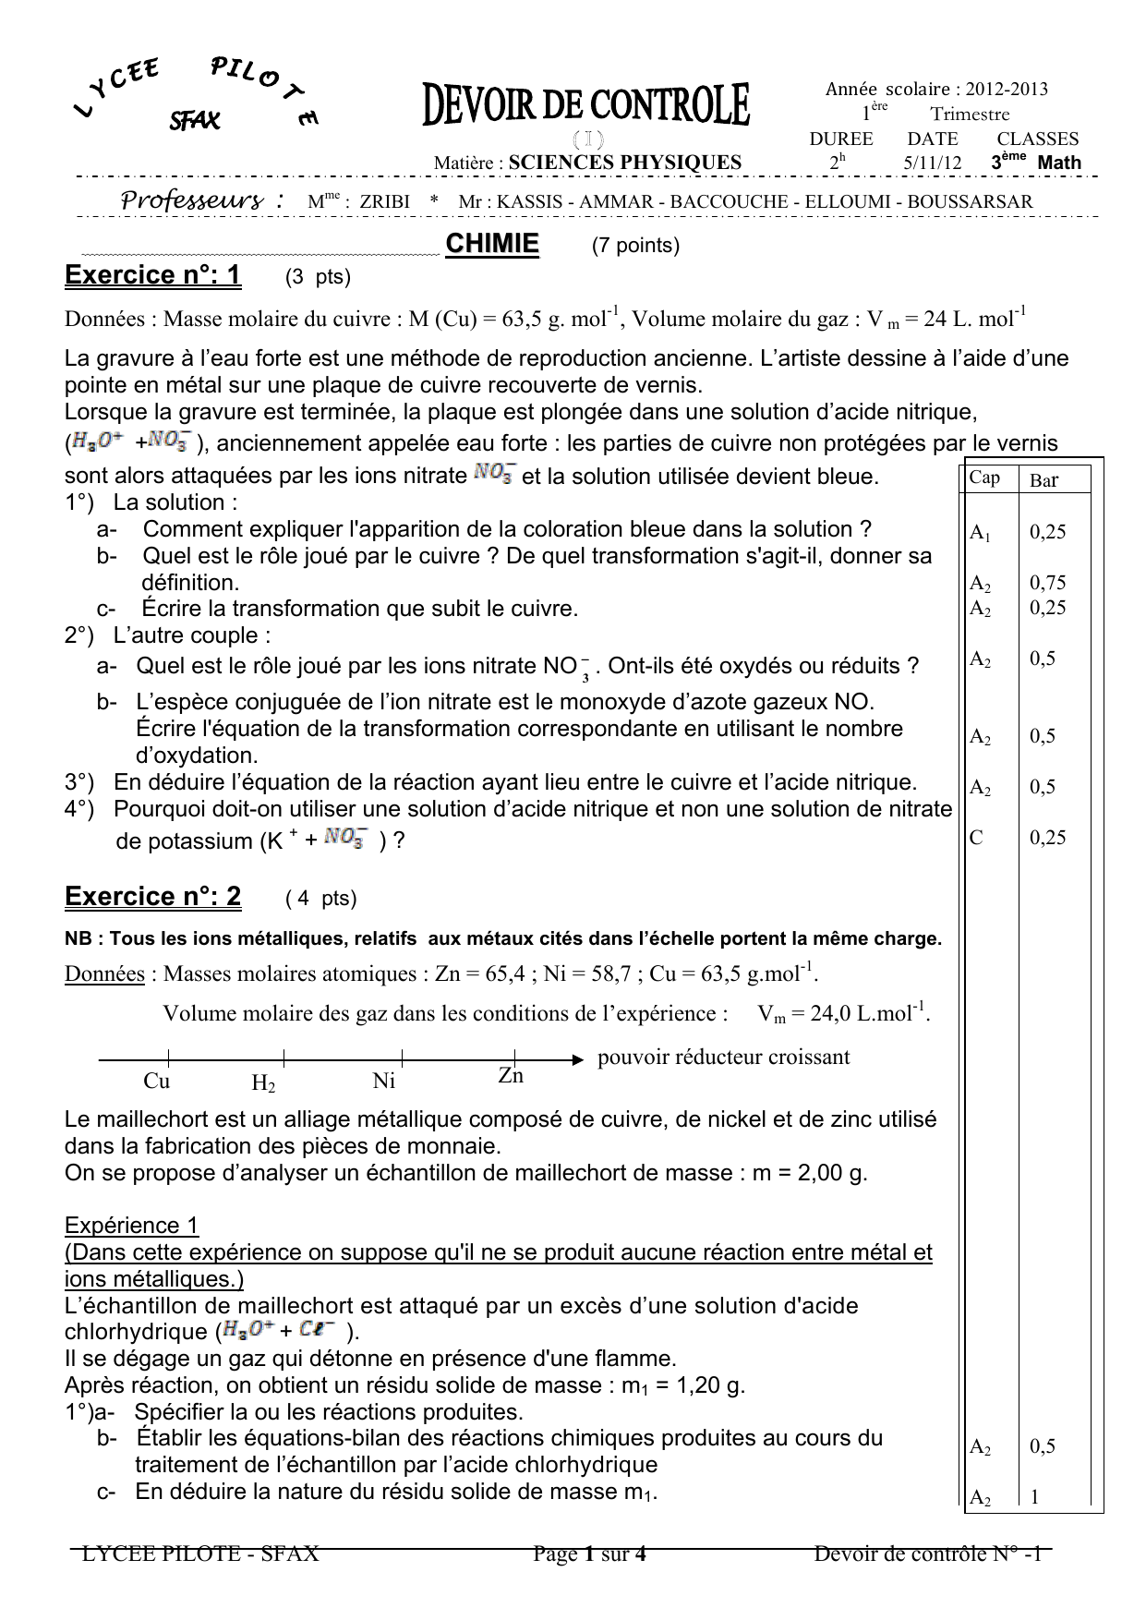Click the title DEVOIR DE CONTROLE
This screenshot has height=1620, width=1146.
pos(586,105)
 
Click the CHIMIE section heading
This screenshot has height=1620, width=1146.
pos(491,244)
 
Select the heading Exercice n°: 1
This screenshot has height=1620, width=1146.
pos(153,275)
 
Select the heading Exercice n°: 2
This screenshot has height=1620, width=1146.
pos(153,897)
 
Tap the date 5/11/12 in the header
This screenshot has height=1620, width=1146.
pos(932,163)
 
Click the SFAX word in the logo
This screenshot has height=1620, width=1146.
pos(194,120)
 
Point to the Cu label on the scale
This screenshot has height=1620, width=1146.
pos(157,1081)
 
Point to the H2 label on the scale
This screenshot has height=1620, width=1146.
pos(263,1083)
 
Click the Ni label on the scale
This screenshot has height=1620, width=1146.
pos(384,1081)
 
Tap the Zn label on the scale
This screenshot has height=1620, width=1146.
pos(511,1076)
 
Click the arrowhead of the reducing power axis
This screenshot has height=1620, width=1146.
pos(579,1059)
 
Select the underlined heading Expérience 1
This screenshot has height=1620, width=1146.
pos(132,1226)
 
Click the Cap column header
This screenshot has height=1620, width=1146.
pos(984,478)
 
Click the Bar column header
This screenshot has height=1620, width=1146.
pos(1043,480)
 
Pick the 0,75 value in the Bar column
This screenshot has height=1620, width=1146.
pos(1047,583)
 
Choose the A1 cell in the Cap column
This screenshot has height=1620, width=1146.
pos(980,533)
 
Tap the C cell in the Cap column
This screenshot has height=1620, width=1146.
pos(976,838)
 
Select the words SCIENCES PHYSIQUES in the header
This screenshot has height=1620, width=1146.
pos(625,163)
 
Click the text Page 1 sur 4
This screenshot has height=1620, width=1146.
pos(589,1554)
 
